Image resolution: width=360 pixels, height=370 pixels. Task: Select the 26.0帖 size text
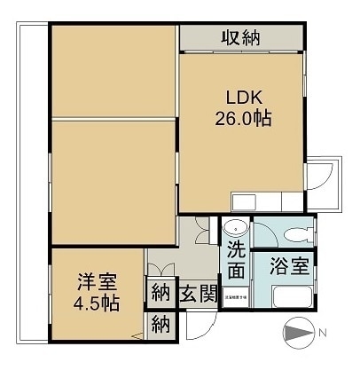pyautogui.click(x=241, y=118)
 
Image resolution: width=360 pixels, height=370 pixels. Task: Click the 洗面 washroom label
pyautogui.click(x=236, y=257)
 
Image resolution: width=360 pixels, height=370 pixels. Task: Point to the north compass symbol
pyautogui.click(x=297, y=334)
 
